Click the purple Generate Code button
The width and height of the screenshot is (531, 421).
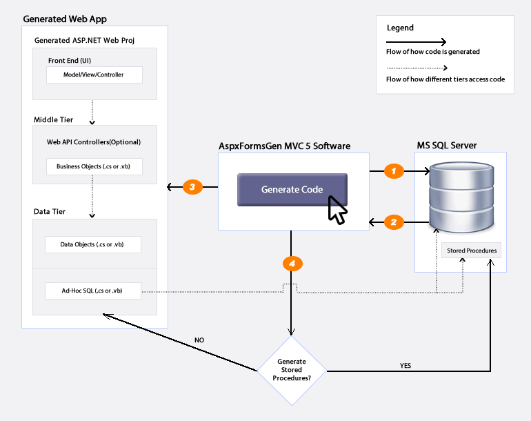tap(292, 190)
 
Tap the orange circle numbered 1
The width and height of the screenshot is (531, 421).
tap(394, 171)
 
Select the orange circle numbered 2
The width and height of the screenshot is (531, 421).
tap(394, 222)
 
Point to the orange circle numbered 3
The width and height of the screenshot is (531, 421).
tap(192, 187)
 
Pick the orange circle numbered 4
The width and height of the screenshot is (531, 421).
tap(292, 264)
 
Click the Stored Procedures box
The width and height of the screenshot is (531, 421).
tap(472, 251)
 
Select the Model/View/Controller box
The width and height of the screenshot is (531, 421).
tap(94, 75)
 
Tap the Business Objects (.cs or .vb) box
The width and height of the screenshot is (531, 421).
tap(94, 166)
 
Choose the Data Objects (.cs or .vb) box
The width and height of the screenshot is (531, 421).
tap(93, 244)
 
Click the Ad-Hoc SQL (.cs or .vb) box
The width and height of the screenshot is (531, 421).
tap(93, 291)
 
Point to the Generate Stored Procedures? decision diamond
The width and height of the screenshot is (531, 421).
tap(292, 371)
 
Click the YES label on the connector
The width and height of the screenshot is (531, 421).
tap(405, 365)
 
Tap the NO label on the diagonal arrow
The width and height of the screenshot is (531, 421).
tap(199, 340)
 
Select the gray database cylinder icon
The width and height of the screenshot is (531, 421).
tap(461, 197)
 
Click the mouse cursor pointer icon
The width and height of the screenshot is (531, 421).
tap(337, 210)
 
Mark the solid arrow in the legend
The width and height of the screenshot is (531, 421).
tap(417, 42)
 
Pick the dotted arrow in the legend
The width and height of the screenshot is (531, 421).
tap(417, 68)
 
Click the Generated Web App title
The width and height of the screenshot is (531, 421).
tap(65, 19)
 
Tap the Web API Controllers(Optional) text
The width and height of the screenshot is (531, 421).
tap(94, 142)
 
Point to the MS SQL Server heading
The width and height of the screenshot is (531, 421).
tap(447, 146)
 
